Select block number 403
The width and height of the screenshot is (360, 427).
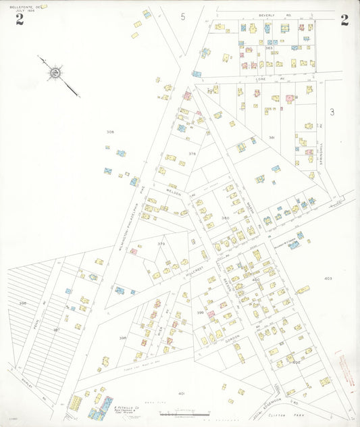pyautogui.click(x=328, y=278)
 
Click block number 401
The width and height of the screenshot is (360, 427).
pyautogui.click(x=181, y=393)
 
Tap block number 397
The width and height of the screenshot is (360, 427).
pyautogui.click(x=57, y=330)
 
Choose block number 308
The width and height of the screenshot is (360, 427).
pyautogui.click(x=110, y=132)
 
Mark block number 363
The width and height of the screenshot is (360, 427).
pyautogui.click(x=269, y=49)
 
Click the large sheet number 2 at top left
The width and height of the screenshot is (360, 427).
pyautogui.click(x=20, y=19)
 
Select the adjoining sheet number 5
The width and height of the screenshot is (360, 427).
pyautogui.click(x=182, y=16)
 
